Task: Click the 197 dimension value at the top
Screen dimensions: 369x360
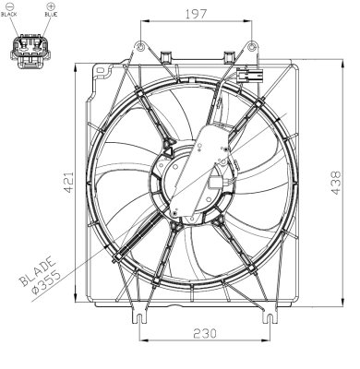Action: (194, 13)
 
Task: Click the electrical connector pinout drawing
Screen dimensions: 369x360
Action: (29, 48)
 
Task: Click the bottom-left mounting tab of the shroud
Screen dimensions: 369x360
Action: (139, 319)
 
